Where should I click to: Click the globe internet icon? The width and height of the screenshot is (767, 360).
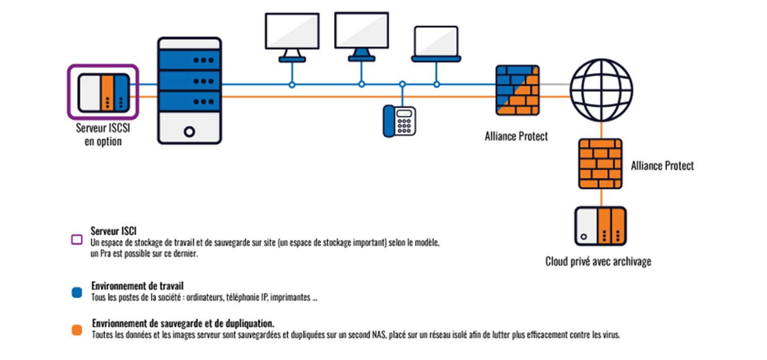(x=601, y=90)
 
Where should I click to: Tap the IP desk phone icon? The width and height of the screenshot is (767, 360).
(x=399, y=121)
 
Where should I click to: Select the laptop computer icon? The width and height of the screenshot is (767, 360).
(x=436, y=44)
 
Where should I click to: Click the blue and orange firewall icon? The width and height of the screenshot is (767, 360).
(x=518, y=90)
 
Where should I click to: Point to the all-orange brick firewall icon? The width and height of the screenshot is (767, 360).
(x=600, y=163)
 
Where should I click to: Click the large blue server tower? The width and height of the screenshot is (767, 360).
(x=189, y=90)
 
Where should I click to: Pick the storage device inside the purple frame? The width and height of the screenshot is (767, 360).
(x=104, y=92)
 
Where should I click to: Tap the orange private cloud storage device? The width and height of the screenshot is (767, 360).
(x=601, y=226)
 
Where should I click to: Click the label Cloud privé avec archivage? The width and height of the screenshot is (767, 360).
(x=598, y=261)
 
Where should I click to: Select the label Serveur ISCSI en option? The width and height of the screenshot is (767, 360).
(x=103, y=135)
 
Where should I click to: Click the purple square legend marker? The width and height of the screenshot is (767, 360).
(x=77, y=239)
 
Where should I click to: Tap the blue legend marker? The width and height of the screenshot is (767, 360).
(x=77, y=292)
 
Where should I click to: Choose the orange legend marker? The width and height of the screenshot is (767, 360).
(x=77, y=330)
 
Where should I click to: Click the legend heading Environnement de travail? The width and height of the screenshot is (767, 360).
(x=137, y=286)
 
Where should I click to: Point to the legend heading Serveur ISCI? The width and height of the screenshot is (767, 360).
(x=113, y=231)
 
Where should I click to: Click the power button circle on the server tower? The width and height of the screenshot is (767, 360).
(x=189, y=132)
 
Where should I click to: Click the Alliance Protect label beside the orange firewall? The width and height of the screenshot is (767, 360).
(x=662, y=166)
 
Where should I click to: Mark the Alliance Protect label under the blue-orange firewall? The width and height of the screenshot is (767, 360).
(x=516, y=136)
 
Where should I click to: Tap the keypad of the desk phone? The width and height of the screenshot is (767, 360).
(x=404, y=126)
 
